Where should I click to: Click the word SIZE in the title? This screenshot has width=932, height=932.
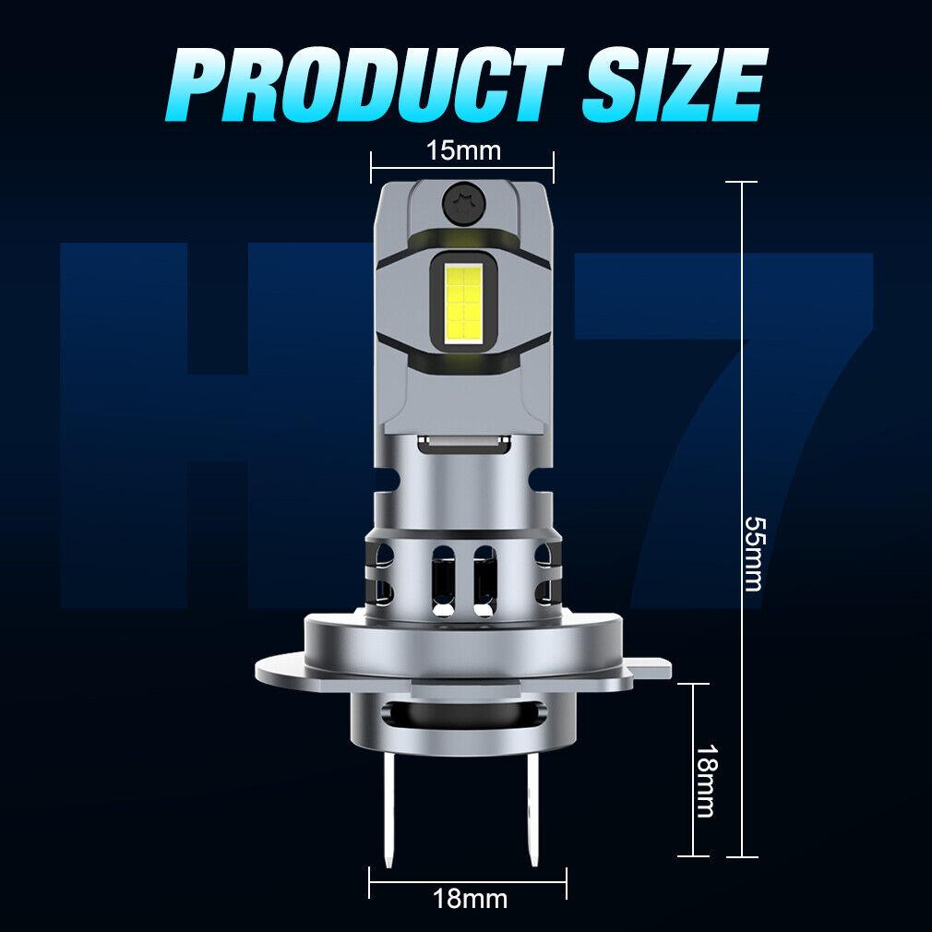coord(672,84)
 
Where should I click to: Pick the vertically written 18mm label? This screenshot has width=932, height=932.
coord(705,781)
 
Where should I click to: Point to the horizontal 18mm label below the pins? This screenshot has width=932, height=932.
coord(470,897)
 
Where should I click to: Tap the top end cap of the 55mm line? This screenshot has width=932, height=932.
coord(742,182)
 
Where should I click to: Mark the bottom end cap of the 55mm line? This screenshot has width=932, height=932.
coord(742,856)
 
